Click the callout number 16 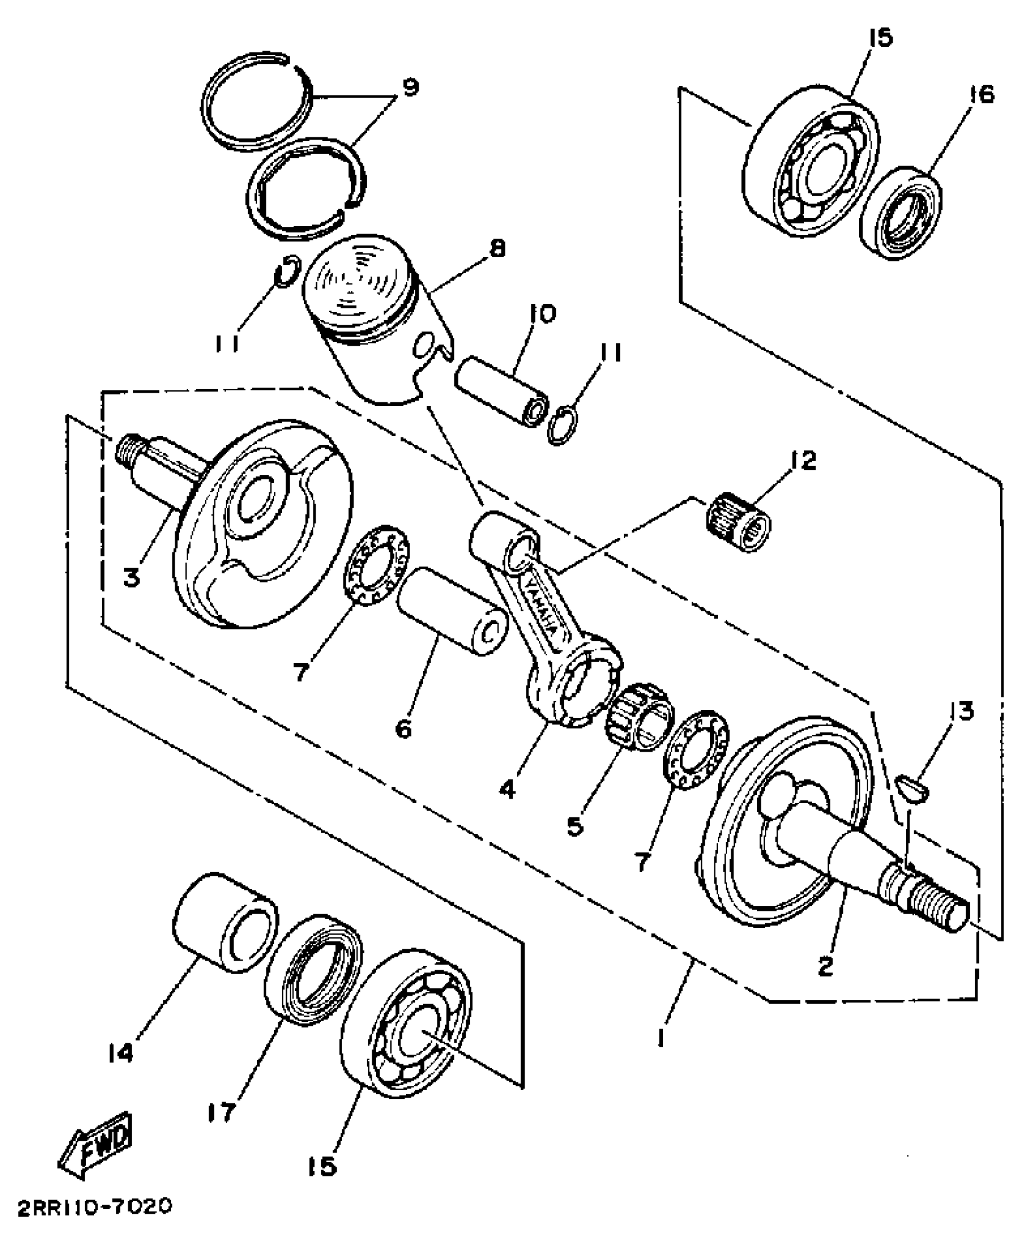point(982,95)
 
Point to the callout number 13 point(961,712)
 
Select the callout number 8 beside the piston point(497,249)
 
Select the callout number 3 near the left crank point(132,577)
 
